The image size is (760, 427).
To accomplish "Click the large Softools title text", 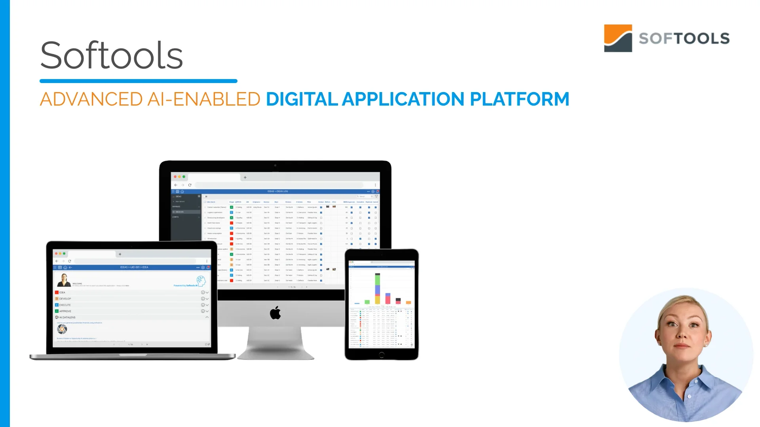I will coord(111,55).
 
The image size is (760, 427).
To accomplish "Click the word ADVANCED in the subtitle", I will coord(91,99).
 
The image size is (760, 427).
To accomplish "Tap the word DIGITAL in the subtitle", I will coord(302,99).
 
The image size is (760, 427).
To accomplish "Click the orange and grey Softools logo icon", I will coord(617,38).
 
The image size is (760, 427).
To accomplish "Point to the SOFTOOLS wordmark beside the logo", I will coord(684,39).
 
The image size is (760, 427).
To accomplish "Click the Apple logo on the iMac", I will coord(275,313).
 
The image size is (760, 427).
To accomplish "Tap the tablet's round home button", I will coord(381,355).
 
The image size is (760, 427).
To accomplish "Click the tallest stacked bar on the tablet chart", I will coord(378,288).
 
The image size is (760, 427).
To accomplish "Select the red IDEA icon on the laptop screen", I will coord(57,293).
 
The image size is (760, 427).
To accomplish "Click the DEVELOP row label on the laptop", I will coord(65,299).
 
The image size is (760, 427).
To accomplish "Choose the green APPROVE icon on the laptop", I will coord(57,311).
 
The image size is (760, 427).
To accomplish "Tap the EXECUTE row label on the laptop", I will coord(65,305).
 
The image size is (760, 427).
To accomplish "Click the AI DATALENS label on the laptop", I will coord(67,317).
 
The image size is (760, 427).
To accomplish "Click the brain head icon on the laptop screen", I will coord(201,281).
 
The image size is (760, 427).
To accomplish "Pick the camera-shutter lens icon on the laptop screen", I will coord(62,329).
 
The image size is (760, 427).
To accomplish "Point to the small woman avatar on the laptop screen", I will coord(64,280).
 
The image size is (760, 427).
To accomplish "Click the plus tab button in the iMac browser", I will coord(245,178).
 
